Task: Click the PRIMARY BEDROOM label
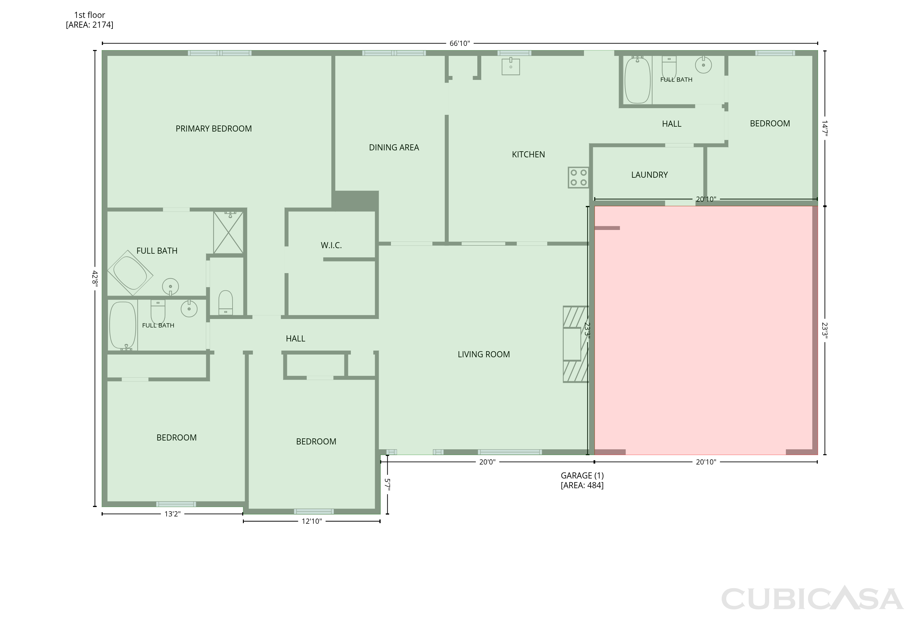(213, 129)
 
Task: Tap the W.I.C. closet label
(331, 245)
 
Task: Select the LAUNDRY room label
(649, 175)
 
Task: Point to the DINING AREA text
(394, 147)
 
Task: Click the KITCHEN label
(528, 155)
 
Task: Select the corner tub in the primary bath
(130, 273)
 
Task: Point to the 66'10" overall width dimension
(460, 43)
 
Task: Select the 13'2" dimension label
(172, 514)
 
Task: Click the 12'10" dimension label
(312, 521)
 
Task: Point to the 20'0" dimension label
(487, 462)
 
